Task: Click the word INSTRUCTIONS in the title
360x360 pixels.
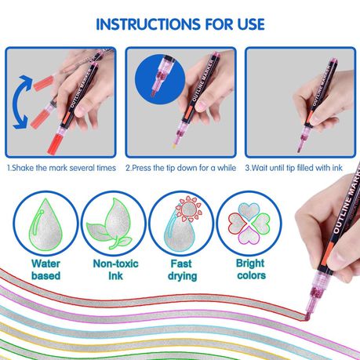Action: (149, 24)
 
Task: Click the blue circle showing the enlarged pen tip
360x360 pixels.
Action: (160, 78)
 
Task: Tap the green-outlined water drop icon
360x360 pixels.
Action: (45, 224)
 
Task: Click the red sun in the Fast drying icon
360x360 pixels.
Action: (189, 209)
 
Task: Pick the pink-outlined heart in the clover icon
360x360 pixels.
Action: (249, 236)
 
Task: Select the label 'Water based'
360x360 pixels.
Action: (45, 270)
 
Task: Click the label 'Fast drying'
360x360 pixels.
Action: (182, 270)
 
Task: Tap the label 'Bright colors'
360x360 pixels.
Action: (251, 269)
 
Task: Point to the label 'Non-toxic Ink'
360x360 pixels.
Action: (115, 270)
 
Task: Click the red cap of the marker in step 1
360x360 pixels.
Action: (56, 144)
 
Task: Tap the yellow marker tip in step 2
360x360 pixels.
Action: (174, 146)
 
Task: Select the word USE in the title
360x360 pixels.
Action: (251, 24)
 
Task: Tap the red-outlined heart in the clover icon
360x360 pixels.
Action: (237, 223)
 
